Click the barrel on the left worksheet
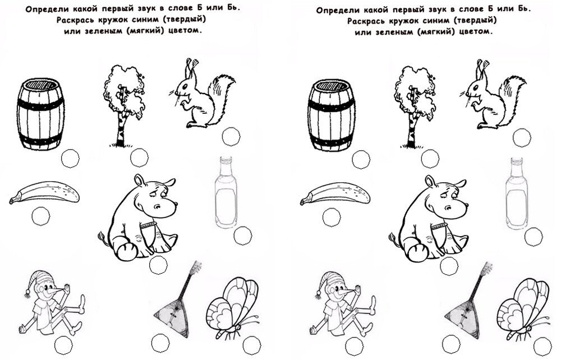pyautogui.click(x=40, y=114)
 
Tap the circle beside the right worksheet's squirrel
pyautogui.click(x=522, y=137)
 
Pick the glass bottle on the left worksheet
pyautogui.click(x=226, y=192)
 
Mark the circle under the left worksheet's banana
pyautogui.click(x=41, y=216)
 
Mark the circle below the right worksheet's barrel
pyautogui.click(x=361, y=159)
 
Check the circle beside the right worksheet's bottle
pyautogui.click(x=534, y=237)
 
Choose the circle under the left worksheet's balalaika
pyautogui.click(x=160, y=344)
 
